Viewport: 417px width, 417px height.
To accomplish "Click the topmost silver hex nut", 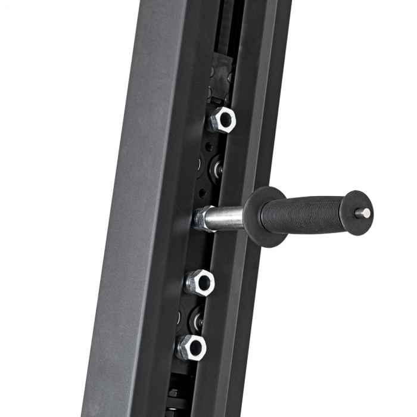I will coord(221,120).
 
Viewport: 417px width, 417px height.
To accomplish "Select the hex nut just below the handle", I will coord(199,282).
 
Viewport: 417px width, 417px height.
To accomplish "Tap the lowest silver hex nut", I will coord(191,347).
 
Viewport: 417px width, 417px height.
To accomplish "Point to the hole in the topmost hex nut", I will coord(225,119).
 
